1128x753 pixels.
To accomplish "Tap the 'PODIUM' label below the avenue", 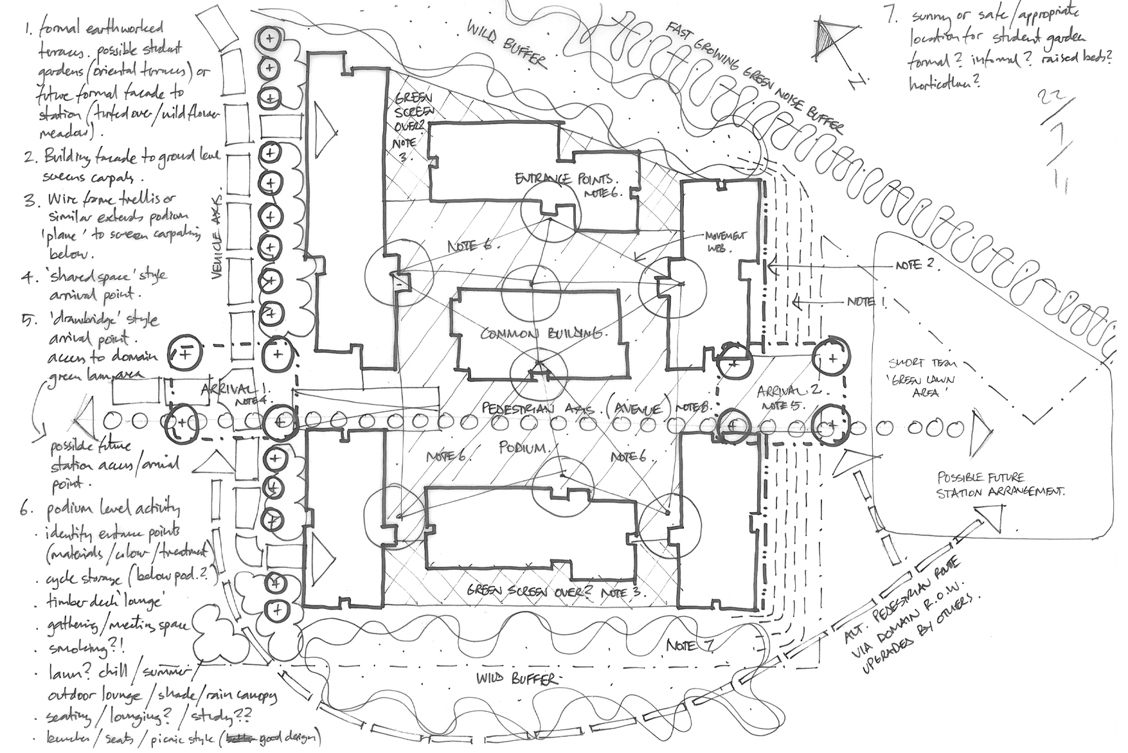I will (x=524, y=448).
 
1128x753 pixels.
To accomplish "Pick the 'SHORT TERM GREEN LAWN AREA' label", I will (x=929, y=377).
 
